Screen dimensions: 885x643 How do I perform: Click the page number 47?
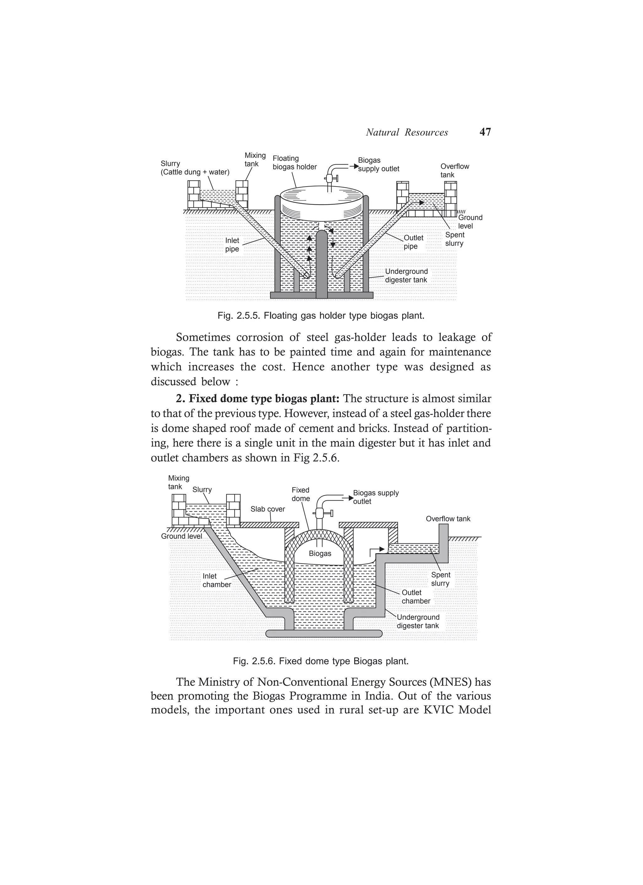[485, 132]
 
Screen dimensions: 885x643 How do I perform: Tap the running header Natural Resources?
[407, 133]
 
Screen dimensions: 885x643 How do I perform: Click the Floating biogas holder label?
[294, 163]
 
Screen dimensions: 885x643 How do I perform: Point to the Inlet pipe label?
[232, 245]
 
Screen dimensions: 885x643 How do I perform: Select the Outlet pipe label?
[413, 242]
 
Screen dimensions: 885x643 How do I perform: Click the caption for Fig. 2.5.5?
[321, 315]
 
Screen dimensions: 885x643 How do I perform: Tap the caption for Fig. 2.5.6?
[321, 661]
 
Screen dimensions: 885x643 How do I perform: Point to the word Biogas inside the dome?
[320, 553]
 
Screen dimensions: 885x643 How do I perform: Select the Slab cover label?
[268, 509]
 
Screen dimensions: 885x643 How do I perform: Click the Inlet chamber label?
[217, 580]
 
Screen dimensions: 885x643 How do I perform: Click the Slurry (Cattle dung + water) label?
[195, 168]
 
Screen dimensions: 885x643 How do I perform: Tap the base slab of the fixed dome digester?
[323, 633]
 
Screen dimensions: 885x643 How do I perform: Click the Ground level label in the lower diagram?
[181, 536]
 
